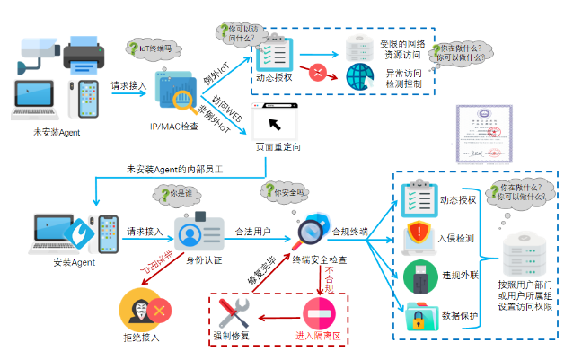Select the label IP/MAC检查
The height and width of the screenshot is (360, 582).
point(175,126)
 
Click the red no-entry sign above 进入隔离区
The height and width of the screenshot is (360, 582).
point(320,312)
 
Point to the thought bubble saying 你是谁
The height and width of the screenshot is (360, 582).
point(172,195)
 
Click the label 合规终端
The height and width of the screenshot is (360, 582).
point(350,232)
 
